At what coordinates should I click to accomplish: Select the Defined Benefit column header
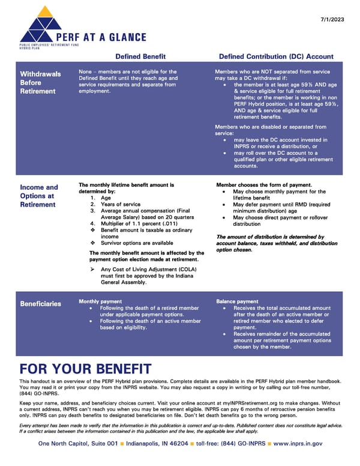pyautogui.click(x=140, y=56)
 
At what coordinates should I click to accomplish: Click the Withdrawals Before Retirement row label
pyautogui.click(x=40, y=83)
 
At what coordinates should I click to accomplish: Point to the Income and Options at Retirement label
pyautogui.click(x=39, y=196)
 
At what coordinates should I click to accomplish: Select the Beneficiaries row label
pyautogui.click(x=40, y=303)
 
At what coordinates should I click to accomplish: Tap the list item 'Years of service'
pyautogui.click(x=119, y=205)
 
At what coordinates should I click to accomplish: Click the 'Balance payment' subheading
pyautogui.click(x=237, y=301)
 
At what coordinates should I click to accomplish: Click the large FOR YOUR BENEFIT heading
pyautogui.click(x=85, y=368)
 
